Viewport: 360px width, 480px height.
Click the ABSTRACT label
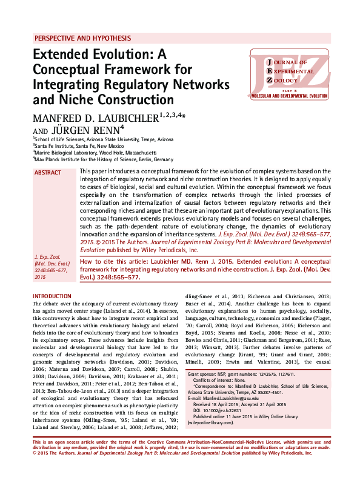pos(48,173)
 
